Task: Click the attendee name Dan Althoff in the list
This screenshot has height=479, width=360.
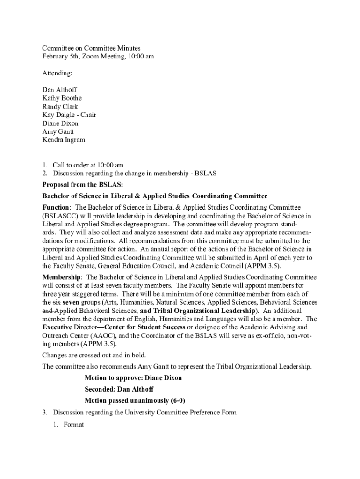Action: [x=59, y=89]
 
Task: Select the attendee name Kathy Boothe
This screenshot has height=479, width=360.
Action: [x=62, y=98]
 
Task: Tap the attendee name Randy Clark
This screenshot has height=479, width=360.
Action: [x=60, y=106]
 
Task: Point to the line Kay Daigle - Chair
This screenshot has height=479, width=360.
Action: [x=69, y=115]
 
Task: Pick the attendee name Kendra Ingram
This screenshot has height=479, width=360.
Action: [x=64, y=139]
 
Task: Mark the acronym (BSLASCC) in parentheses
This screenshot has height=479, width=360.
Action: [x=59, y=216]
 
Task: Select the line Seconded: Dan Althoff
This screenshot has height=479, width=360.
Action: [x=119, y=389]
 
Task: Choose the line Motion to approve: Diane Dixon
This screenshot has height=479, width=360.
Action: [x=133, y=377]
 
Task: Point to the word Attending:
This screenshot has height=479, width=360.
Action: [x=58, y=73]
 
